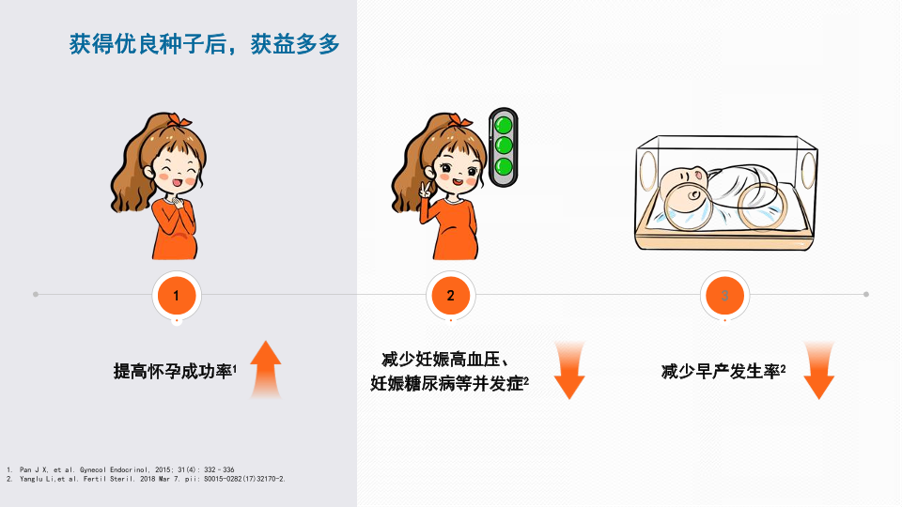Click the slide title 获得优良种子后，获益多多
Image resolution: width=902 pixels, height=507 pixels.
pyautogui.click(x=204, y=44)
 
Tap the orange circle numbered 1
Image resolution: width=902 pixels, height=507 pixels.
pyautogui.click(x=177, y=296)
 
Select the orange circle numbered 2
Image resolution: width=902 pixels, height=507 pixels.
pyautogui.click(x=450, y=296)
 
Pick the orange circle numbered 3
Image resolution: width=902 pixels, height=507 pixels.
pyautogui.click(x=724, y=296)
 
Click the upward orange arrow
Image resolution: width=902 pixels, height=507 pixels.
pyautogui.click(x=266, y=370)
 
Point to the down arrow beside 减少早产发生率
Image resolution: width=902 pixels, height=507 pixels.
pyautogui.click(x=818, y=370)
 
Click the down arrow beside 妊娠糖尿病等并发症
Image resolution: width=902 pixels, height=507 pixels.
pyautogui.click(x=569, y=370)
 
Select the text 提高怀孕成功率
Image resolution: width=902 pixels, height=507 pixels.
pyautogui.click(x=173, y=372)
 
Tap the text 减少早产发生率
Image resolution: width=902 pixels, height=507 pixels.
pyautogui.click(x=722, y=372)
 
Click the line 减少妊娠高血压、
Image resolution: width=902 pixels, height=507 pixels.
pyautogui.click(x=445, y=360)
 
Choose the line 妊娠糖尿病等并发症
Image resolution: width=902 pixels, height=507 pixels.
pyautogui.click(x=447, y=383)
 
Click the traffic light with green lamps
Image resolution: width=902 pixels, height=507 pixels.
pyautogui.click(x=504, y=147)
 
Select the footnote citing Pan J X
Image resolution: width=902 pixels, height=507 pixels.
pyautogui.click(x=120, y=469)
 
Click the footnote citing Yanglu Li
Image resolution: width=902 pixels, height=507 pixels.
pyautogui.click(x=147, y=479)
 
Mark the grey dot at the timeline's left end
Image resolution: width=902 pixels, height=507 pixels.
pyautogui.click(x=36, y=294)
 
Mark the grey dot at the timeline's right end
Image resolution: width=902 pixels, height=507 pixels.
pyautogui.click(x=866, y=294)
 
